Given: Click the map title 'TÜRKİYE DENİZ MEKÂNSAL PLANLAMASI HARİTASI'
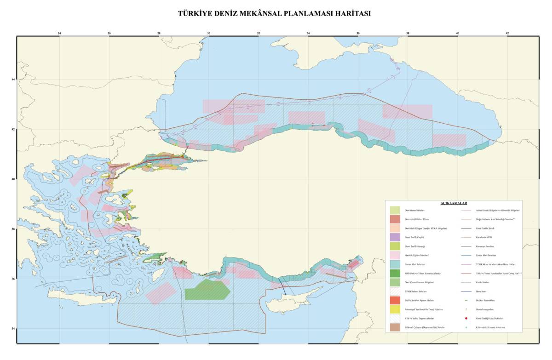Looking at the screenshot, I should coord(274,14).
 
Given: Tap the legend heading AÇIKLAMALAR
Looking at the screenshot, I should coord(453,203).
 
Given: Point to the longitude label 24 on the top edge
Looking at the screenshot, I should coord(59,33).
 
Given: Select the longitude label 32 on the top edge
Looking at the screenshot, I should coord(259,33).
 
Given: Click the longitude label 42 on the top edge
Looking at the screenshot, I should coord(507,33).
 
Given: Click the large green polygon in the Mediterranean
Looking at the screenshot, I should coord(207,290).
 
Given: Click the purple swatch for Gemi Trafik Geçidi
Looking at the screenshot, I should coord(395,237).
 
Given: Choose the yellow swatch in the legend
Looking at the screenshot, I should coord(395,309).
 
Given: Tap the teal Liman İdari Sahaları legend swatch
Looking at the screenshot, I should coord(395,264).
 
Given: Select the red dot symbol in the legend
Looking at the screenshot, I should coord(466,318).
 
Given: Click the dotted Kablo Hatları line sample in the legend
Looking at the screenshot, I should coord(466,282).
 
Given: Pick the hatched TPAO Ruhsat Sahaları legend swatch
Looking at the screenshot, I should coord(395,291).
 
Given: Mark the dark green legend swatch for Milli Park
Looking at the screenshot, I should coord(395,274).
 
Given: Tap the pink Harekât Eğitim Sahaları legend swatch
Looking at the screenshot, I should coord(395,255).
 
